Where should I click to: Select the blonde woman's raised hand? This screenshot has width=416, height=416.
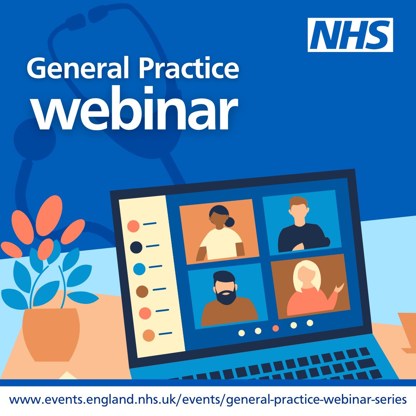pos(339,287)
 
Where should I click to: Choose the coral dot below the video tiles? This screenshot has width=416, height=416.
pos(275,328)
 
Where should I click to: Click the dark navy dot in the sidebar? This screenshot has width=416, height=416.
pos(136,247)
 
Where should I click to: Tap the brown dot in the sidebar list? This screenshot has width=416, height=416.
pos(142,291)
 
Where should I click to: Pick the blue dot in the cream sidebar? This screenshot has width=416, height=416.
pos(139,268)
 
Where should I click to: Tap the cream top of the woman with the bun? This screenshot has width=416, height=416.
pos(221,245)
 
